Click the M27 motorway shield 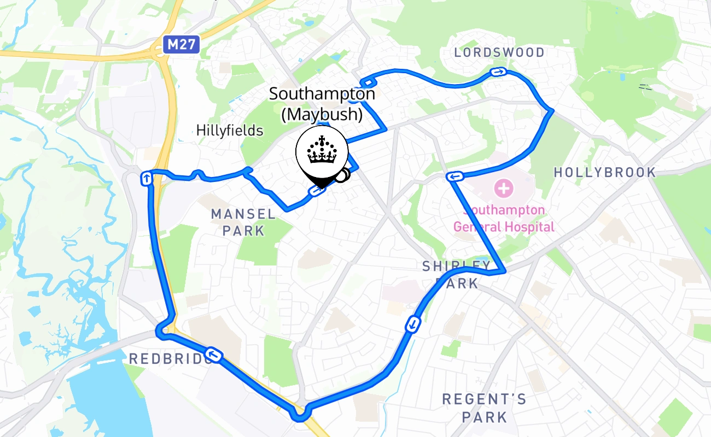[x=181, y=45]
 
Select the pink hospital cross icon [x=503, y=189]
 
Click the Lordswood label [x=500, y=53]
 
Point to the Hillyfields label [x=230, y=131]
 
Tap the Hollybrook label [x=604, y=173]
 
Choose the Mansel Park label [x=243, y=222]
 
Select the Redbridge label [x=167, y=359]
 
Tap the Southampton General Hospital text [x=504, y=218]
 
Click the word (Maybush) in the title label [x=322, y=115]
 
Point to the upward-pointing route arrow [x=147, y=178]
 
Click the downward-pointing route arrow [x=413, y=325]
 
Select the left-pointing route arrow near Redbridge [x=213, y=355]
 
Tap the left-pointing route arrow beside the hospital [x=454, y=176]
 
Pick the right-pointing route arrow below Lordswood [x=498, y=72]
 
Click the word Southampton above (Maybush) [x=322, y=94]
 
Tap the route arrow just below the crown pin [x=317, y=191]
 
